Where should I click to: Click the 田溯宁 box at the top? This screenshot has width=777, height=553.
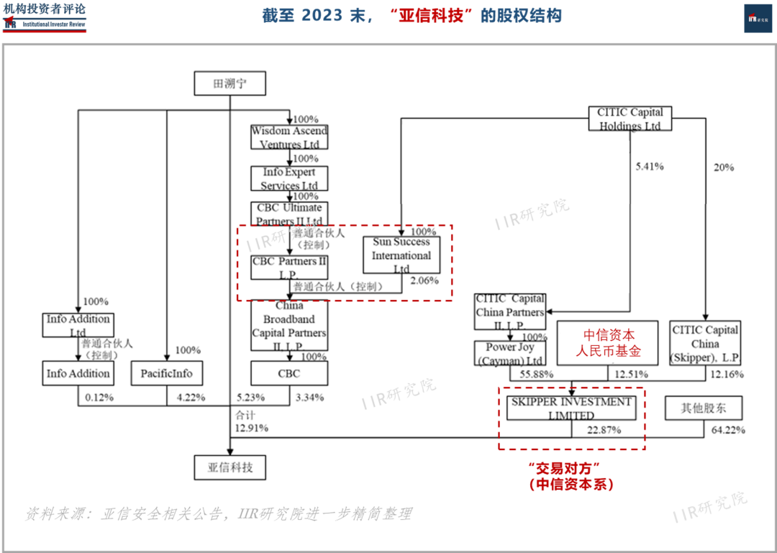click(230, 84)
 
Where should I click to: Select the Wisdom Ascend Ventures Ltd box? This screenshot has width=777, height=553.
click(289, 137)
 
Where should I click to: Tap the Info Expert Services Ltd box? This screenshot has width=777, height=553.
click(289, 178)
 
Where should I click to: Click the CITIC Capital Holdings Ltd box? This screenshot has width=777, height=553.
click(630, 119)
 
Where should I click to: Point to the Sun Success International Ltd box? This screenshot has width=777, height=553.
click(401, 255)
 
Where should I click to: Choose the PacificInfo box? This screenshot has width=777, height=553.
click(167, 373)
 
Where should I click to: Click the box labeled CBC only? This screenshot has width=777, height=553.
click(289, 373)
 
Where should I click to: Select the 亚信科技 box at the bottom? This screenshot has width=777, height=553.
click(230, 467)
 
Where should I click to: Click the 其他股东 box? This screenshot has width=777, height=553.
click(704, 408)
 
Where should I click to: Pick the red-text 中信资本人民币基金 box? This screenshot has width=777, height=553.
click(607, 344)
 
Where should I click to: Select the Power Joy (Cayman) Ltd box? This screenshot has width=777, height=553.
click(510, 353)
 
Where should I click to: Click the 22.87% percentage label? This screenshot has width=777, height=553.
click(603, 430)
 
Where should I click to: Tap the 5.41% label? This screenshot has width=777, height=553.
click(649, 167)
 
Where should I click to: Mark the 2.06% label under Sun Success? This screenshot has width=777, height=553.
click(423, 280)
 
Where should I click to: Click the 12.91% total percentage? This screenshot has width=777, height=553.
click(251, 428)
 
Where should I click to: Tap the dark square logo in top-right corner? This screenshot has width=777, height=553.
click(758, 18)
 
